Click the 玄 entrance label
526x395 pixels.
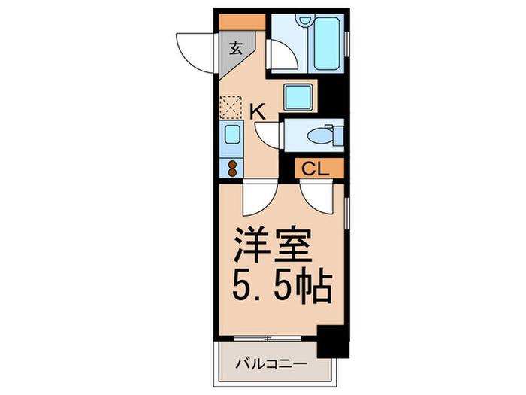click(x=235, y=49)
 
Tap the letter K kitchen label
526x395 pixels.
click(x=258, y=112)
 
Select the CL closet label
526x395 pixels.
click(x=315, y=169)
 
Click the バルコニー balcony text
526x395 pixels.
click(x=271, y=364)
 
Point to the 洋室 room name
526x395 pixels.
click(x=272, y=245)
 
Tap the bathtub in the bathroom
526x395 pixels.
click(x=326, y=44)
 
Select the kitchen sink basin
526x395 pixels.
click(x=231, y=134)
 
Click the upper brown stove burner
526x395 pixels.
click(x=231, y=165)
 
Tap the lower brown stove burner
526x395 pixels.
click(x=231, y=172)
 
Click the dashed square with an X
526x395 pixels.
click(x=231, y=108)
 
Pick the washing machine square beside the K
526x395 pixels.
click(x=298, y=97)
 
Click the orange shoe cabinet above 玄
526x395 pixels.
click(x=242, y=22)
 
